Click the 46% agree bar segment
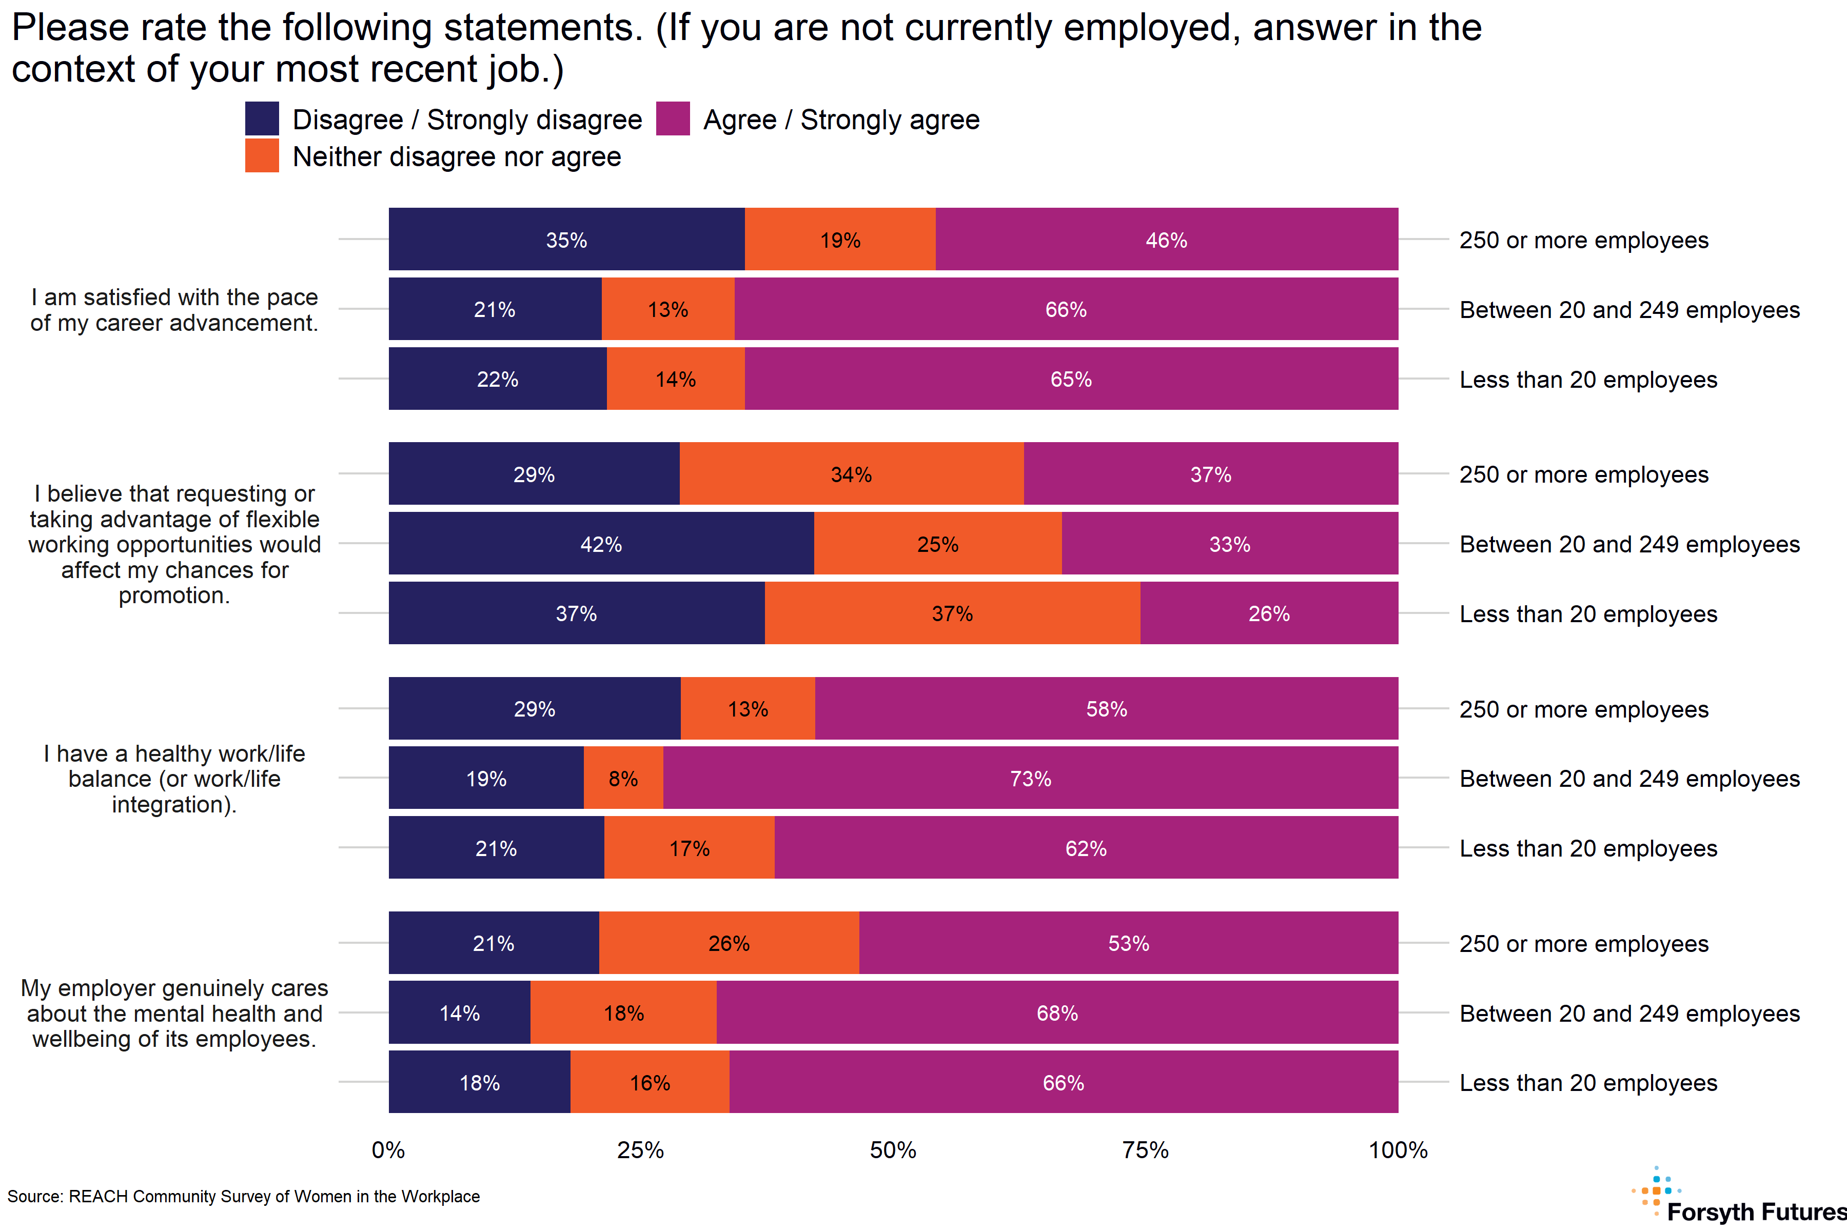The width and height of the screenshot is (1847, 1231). coord(1166,240)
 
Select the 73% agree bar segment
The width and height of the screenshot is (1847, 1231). coord(1030,778)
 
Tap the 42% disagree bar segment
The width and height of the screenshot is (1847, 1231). coord(601,543)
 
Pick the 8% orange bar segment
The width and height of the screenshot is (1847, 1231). coord(623,778)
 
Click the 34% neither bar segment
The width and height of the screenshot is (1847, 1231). coord(851,473)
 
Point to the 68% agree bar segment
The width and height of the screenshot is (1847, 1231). coord(1057,1012)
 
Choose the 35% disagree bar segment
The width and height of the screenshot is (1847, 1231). coord(566,240)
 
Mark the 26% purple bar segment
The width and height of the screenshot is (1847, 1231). coord(1268,613)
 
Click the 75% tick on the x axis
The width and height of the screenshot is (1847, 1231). coord(1145,1150)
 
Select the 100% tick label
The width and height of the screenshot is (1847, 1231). coord(1398,1150)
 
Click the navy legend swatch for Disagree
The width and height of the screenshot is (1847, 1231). coord(262,118)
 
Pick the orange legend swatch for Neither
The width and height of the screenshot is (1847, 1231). coord(262,155)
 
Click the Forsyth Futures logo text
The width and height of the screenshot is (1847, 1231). coord(1756,1212)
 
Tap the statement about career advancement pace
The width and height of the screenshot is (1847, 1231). coord(174,309)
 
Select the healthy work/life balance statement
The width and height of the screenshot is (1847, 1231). coord(174,778)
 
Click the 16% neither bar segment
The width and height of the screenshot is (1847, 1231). coord(650,1083)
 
